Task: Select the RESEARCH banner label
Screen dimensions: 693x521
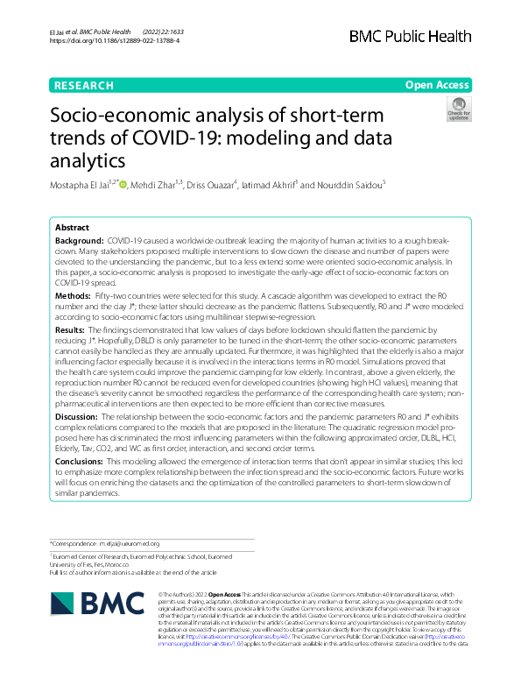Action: [x=84, y=86]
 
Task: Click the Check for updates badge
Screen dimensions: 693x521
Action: [x=458, y=110]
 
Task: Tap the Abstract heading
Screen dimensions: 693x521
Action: [x=73, y=226]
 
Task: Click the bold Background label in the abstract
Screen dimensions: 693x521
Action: [x=78, y=239]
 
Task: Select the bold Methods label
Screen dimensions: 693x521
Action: [x=74, y=298]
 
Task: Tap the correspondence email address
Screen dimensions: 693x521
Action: [x=129, y=543]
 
